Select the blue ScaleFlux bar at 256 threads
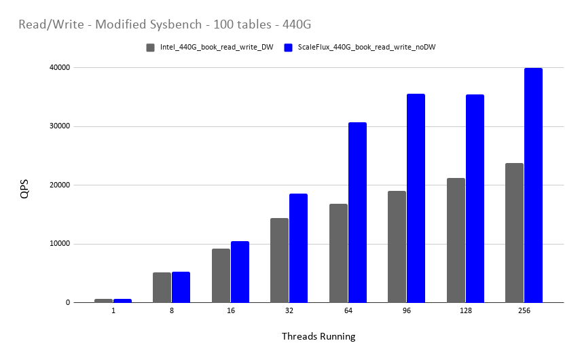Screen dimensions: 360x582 tap(533, 185)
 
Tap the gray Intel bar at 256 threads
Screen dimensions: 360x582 tap(514, 233)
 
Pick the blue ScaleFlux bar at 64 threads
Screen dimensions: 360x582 tap(357, 213)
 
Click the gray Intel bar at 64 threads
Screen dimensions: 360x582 tap(338, 253)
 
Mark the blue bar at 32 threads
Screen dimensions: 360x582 tap(298, 248)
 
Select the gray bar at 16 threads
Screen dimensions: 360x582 tap(221, 276)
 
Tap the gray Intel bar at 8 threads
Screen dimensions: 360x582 tap(162, 287)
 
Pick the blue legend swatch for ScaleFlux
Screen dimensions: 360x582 tap(289, 48)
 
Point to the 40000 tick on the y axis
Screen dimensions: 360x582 tap(58, 68)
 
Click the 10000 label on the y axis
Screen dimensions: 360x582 tap(58, 244)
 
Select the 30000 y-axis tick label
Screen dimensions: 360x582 tap(58, 126)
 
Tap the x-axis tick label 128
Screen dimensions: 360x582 tap(465, 310)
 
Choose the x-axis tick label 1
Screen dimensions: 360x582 tap(113, 310)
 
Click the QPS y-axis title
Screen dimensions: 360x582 tap(24, 189)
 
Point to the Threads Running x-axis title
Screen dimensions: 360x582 tap(318, 336)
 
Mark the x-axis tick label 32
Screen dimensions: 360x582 tap(289, 310)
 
